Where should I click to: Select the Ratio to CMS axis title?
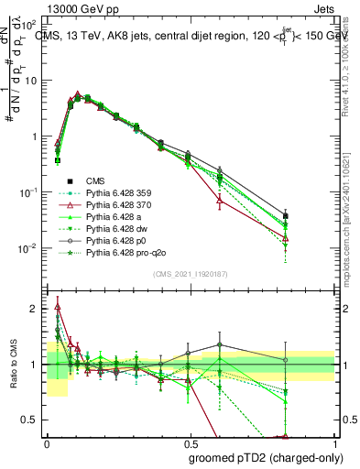tap(12, 366)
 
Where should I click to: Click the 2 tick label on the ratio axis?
tap(35, 309)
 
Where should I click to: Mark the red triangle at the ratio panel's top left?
tap(58, 306)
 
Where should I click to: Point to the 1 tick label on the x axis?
tap(334, 442)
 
